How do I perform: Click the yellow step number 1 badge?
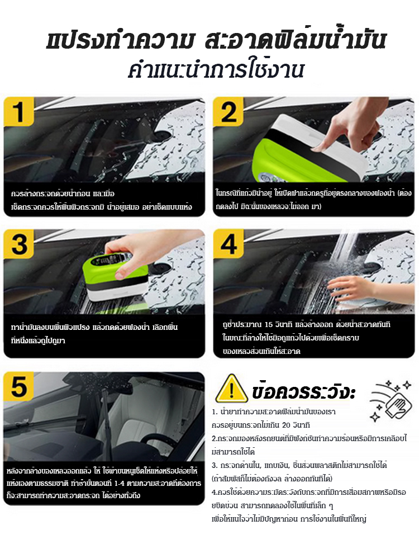pos(18,111)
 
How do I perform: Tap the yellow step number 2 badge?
pos(228,111)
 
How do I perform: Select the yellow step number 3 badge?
pos(18,244)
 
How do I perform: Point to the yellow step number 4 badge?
pos(228,244)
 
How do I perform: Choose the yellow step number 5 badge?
pos(18,386)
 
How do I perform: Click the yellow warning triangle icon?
pos(231,389)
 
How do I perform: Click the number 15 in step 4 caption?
pos(269,325)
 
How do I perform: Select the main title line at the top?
pos(216,40)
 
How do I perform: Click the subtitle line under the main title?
pos(216,70)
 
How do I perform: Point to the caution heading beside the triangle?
pos(303,391)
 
